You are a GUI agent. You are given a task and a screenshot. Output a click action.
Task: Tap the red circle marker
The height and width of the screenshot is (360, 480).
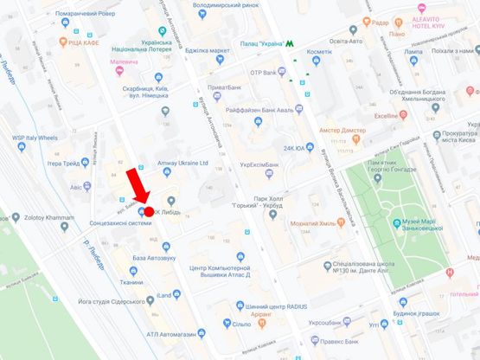click(x=148, y=211)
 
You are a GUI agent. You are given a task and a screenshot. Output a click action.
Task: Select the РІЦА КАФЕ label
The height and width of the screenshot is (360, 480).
click(x=90, y=42)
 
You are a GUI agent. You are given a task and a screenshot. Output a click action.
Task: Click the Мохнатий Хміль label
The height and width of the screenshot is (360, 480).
click(x=312, y=222)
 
